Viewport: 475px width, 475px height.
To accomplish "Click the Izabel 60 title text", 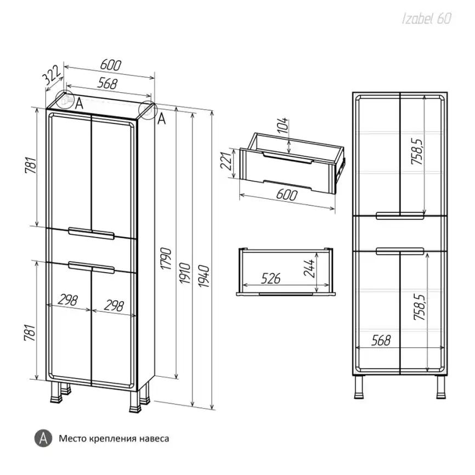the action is [x=427, y=19].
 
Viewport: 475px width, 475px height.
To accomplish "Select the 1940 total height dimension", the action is [x=204, y=276].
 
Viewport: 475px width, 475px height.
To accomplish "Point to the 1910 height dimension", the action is [x=185, y=273].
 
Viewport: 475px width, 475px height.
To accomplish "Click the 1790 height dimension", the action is [x=166, y=258].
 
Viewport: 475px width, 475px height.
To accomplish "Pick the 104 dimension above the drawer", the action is [x=283, y=125].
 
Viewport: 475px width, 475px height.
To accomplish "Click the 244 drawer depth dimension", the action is [x=309, y=268].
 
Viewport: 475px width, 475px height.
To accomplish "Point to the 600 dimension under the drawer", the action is [x=286, y=195].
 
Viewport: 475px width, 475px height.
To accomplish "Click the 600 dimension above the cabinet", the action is [x=111, y=65].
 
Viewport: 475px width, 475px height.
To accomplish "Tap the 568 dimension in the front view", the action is [x=381, y=340].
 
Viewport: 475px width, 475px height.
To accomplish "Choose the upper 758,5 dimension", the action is [x=417, y=151].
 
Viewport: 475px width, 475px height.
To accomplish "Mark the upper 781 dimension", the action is [x=31, y=165].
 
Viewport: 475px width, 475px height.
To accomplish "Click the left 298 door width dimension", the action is [x=68, y=300].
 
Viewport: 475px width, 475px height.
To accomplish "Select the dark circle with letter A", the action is [x=43, y=438].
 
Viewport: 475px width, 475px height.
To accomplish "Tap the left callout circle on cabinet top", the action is [x=65, y=99].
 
